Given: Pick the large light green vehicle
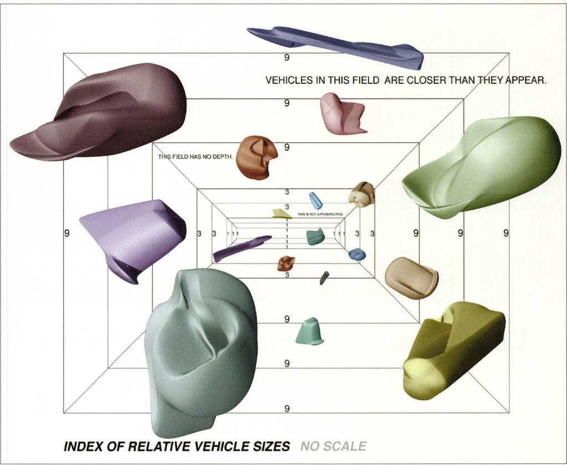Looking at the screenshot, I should pyautogui.click(x=482, y=166).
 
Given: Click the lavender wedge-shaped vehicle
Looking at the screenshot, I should pyautogui.click(x=133, y=235).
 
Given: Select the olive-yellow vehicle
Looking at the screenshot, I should pyautogui.click(x=451, y=349).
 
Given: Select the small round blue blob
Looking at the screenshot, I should pyautogui.click(x=357, y=254).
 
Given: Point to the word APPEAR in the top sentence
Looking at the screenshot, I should pyautogui.click(x=525, y=80).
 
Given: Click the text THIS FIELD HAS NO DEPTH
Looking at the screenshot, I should pyautogui.click(x=197, y=157).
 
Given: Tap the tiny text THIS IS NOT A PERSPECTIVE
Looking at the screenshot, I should pyautogui.click(x=321, y=214).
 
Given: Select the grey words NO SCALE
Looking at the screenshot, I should pyautogui.click(x=333, y=446).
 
